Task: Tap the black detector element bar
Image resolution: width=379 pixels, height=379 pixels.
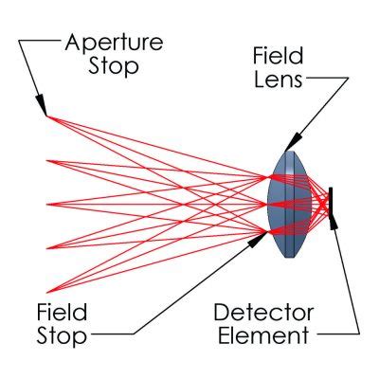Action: pos(331,205)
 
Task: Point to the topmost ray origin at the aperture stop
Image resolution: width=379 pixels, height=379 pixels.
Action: pos(46,117)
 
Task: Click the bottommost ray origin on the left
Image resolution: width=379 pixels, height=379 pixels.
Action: pos(46,291)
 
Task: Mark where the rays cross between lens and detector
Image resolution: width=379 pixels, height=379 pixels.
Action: pos(321,204)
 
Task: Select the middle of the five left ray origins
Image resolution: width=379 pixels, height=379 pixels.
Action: pos(46,204)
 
